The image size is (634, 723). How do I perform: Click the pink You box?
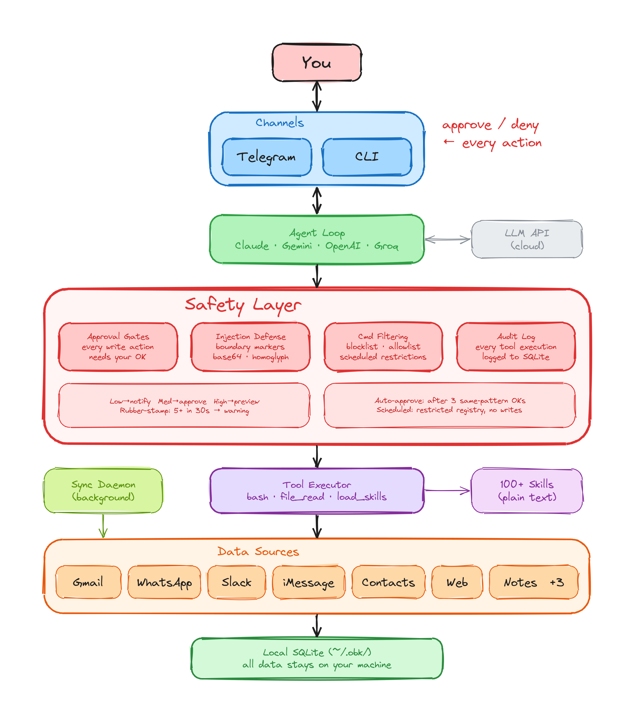(317, 63)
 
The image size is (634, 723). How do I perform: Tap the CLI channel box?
(367, 157)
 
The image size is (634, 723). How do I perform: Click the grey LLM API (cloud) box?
(527, 240)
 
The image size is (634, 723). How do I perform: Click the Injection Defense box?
(250, 347)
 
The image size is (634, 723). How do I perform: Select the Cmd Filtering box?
(383, 347)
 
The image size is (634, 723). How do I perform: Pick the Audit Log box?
(516, 347)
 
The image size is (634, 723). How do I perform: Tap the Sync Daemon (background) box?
(103, 491)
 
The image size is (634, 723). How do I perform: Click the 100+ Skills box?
(527, 491)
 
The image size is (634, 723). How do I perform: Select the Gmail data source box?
(88, 582)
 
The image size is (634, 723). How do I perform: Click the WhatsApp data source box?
(164, 582)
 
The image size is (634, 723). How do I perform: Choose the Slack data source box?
(236, 582)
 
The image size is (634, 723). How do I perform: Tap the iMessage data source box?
(308, 582)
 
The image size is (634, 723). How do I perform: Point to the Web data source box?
(457, 582)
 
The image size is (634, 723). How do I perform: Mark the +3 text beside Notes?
(557, 582)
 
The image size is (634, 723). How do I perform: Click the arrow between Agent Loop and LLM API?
(447, 240)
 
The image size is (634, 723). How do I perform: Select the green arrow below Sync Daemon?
(103, 526)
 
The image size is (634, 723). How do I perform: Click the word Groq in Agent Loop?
(386, 246)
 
